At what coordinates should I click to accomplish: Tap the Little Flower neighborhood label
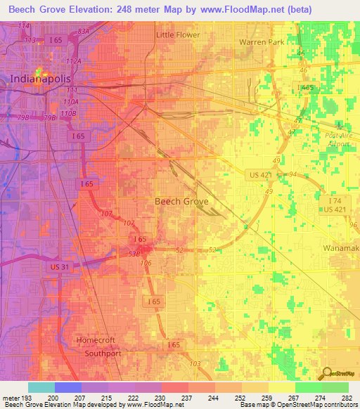178,34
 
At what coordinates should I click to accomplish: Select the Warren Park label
262,42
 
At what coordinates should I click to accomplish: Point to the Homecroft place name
96,341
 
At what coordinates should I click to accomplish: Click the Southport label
99,353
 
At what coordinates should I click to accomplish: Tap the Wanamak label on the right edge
341,249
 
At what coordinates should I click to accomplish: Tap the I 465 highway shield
307,87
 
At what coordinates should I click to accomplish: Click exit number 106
146,263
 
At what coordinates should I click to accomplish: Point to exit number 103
195,363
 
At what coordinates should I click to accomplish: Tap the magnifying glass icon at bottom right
325,374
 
